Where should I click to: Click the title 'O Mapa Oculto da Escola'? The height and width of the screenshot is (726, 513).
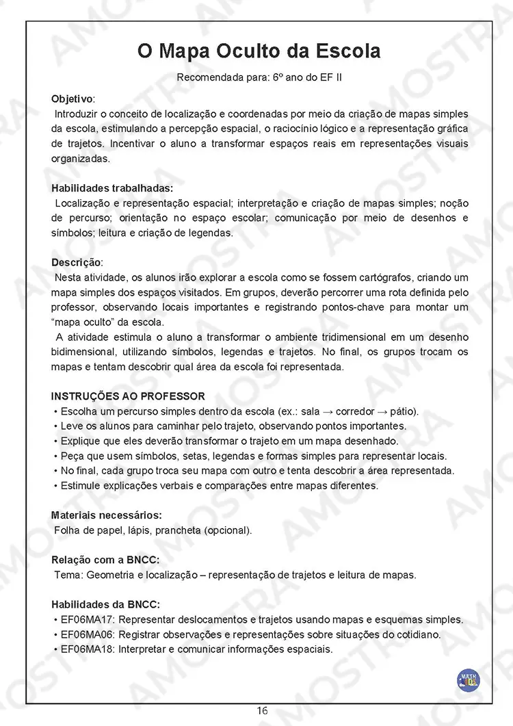click(259, 51)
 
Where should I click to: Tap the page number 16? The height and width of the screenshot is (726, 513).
click(263, 711)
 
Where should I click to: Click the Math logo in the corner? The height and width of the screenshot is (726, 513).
click(469, 680)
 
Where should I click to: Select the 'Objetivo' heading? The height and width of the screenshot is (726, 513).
click(73, 99)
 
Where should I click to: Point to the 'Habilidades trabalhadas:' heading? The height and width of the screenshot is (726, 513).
click(112, 188)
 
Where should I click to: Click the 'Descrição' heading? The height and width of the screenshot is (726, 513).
click(77, 263)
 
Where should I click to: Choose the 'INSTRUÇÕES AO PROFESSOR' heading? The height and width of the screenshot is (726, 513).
click(128, 397)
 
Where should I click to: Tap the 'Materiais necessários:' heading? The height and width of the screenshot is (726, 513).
click(107, 515)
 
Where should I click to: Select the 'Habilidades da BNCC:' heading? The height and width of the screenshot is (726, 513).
click(106, 605)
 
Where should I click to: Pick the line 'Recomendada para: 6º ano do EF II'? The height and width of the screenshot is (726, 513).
click(259, 77)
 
